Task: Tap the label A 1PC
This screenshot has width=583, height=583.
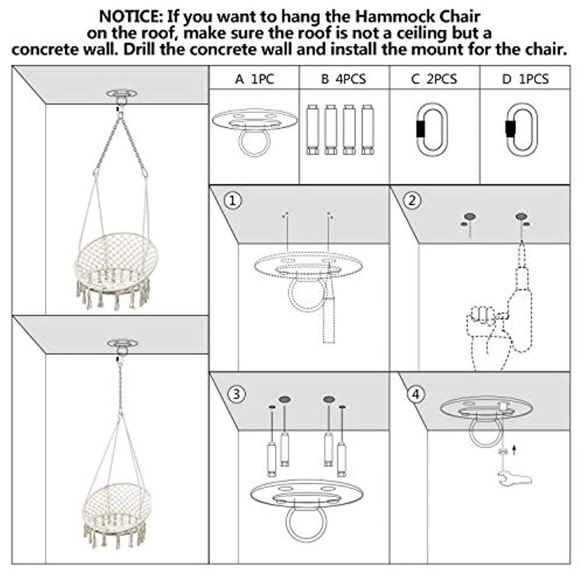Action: pyautogui.click(x=254, y=79)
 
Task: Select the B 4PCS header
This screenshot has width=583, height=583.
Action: pyautogui.click(x=343, y=79)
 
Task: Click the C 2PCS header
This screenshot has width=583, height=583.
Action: pyautogui.click(x=434, y=79)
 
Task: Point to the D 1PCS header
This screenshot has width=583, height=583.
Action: pyautogui.click(x=525, y=79)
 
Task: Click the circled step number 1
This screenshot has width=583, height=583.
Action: pyautogui.click(x=233, y=201)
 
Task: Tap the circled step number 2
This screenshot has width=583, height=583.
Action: pyautogui.click(x=412, y=201)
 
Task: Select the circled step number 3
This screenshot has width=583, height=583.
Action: pyautogui.click(x=236, y=394)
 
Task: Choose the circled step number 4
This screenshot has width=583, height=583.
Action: pyautogui.click(x=416, y=394)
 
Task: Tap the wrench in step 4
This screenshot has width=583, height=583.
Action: pyautogui.click(x=514, y=478)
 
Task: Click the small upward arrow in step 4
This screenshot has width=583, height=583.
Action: pyautogui.click(x=514, y=450)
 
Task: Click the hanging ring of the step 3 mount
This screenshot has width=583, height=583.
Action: pyautogui.click(x=288, y=524)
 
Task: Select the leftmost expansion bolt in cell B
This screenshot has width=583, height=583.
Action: pyautogui.click(x=313, y=130)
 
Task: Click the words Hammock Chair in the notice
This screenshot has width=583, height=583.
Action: pyautogui.click(x=417, y=17)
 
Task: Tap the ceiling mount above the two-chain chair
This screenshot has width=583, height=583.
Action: pyautogui.click(x=122, y=96)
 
